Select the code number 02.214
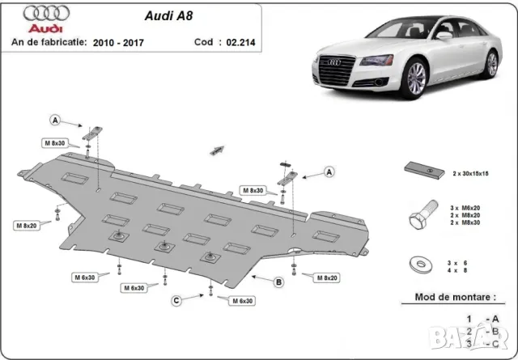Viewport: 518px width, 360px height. coord(240,42)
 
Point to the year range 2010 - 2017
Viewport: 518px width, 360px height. coord(116,42)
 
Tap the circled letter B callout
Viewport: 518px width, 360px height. coord(278,282)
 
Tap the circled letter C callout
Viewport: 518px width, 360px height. coord(176,301)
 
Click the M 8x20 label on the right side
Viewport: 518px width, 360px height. coord(326,277)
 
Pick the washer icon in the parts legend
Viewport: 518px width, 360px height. coord(420,264)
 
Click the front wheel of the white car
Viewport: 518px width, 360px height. coord(416,78)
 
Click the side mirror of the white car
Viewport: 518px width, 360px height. coord(444,36)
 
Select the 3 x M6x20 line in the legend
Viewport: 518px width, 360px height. coord(465,209)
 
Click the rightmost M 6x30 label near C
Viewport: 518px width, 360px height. coord(240,301)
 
